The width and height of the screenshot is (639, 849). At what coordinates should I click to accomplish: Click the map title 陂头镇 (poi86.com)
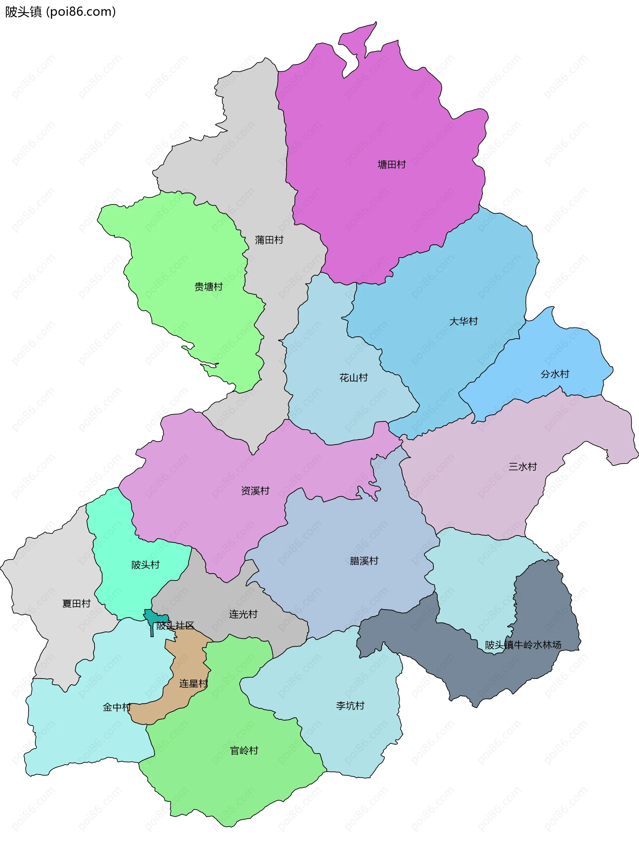pyautogui.click(x=60, y=12)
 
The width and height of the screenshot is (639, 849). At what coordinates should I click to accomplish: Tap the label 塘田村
pyautogui.click(x=391, y=165)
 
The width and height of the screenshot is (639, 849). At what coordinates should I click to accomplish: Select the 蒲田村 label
pyautogui.click(x=269, y=240)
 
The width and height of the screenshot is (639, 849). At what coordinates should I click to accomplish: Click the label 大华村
pyautogui.click(x=463, y=321)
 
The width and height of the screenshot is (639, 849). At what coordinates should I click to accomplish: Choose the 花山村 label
pyautogui.click(x=353, y=378)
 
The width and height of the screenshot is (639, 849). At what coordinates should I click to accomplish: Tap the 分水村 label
pyautogui.click(x=554, y=374)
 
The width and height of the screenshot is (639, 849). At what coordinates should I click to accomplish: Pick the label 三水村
pyautogui.click(x=522, y=467)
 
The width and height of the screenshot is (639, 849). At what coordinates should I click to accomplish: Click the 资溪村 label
pyautogui.click(x=255, y=491)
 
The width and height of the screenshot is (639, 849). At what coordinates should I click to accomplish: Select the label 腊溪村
pyautogui.click(x=364, y=561)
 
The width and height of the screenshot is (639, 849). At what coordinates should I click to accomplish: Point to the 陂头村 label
pyautogui.click(x=145, y=564)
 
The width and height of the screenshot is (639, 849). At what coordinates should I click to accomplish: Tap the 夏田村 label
pyautogui.click(x=76, y=603)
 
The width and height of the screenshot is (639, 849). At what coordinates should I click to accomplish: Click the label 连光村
pyautogui.click(x=243, y=614)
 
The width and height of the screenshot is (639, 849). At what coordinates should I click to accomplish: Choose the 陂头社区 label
pyautogui.click(x=175, y=625)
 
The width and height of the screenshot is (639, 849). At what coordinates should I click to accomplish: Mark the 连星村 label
pyautogui.click(x=193, y=683)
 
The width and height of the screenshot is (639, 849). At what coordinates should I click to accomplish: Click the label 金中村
pyautogui.click(x=117, y=707)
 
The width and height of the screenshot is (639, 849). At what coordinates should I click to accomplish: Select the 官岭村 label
pyautogui.click(x=244, y=750)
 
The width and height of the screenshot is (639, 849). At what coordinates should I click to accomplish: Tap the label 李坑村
pyautogui.click(x=350, y=706)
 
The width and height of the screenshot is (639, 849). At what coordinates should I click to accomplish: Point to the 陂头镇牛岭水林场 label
pyautogui.click(x=523, y=645)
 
